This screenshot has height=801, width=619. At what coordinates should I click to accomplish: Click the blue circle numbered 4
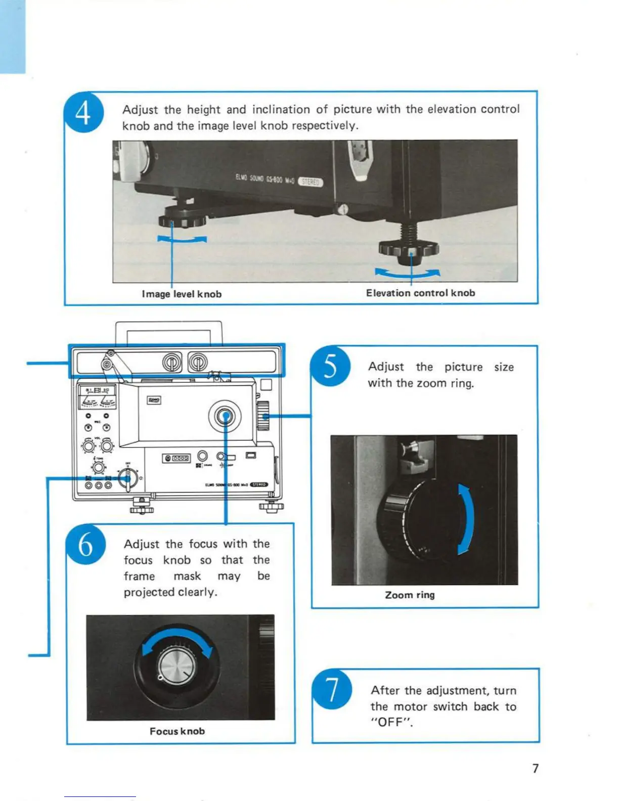coord(84,112)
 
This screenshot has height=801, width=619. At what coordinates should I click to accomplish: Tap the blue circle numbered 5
coord(330,367)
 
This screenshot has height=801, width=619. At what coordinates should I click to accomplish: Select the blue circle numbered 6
coord(86,545)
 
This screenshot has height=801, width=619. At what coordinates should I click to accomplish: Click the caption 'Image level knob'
coord(182,294)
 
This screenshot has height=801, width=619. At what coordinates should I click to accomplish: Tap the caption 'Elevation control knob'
coord(420,293)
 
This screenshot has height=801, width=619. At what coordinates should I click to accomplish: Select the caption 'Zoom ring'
coord(410,595)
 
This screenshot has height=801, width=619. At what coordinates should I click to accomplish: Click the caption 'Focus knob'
coord(177,731)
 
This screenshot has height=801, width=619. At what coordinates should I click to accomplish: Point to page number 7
coord(536,769)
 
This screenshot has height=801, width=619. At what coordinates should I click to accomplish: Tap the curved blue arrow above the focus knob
coord(177,635)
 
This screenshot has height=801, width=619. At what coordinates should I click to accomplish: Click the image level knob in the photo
coord(182,220)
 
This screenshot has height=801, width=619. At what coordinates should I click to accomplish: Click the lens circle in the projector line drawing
coord(225,416)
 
